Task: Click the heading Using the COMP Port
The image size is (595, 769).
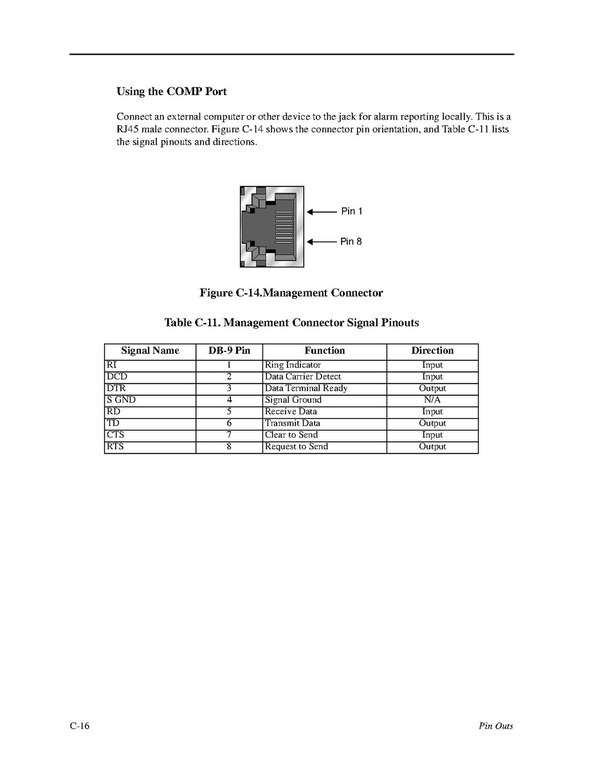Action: click(x=171, y=91)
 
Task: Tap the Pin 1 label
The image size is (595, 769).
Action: click(x=351, y=211)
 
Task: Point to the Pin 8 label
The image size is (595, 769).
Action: click(x=351, y=242)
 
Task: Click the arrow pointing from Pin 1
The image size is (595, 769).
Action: click(x=322, y=211)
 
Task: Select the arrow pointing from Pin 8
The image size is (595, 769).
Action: click(x=322, y=242)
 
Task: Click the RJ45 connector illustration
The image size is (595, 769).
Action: click(x=271, y=227)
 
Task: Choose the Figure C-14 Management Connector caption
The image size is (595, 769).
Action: click(x=291, y=293)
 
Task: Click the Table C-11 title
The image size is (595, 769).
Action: click(x=291, y=323)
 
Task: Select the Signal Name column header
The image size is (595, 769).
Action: click(x=150, y=351)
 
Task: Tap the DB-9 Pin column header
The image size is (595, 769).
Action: click(x=229, y=351)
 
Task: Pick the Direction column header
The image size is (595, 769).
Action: click(x=432, y=351)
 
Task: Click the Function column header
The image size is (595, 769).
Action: click(x=324, y=351)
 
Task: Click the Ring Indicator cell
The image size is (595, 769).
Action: click(x=293, y=365)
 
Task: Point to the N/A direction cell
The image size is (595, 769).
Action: click(x=432, y=400)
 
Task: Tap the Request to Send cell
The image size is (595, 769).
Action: click(x=297, y=446)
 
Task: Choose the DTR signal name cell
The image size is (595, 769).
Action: click(x=116, y=388)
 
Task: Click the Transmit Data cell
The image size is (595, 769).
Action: click(x=293, y=423)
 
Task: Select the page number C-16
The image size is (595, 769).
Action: click(x=80, y=726)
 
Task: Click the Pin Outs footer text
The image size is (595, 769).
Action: click(x=495, y=726)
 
